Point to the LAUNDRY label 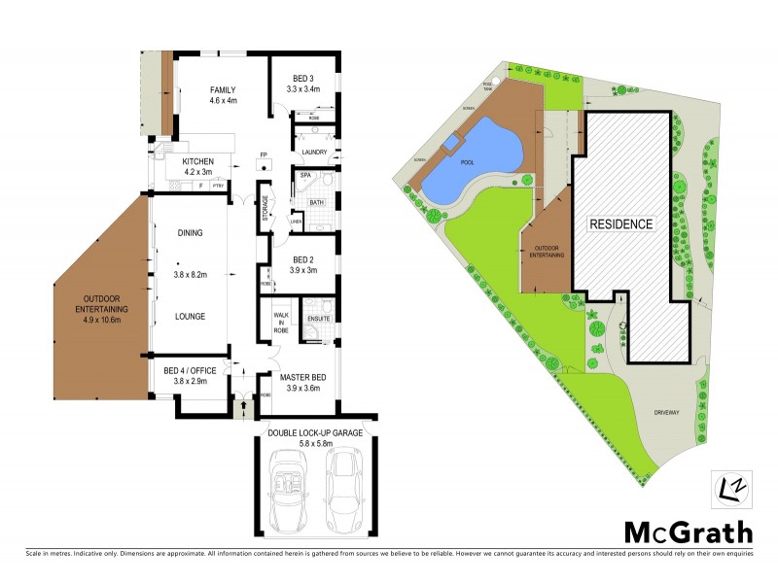313,153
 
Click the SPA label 304,176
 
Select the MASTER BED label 302,377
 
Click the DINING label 189,233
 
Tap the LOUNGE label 189,316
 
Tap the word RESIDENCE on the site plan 619,223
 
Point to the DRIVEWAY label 665,412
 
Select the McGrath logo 688,532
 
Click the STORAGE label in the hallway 265,214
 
